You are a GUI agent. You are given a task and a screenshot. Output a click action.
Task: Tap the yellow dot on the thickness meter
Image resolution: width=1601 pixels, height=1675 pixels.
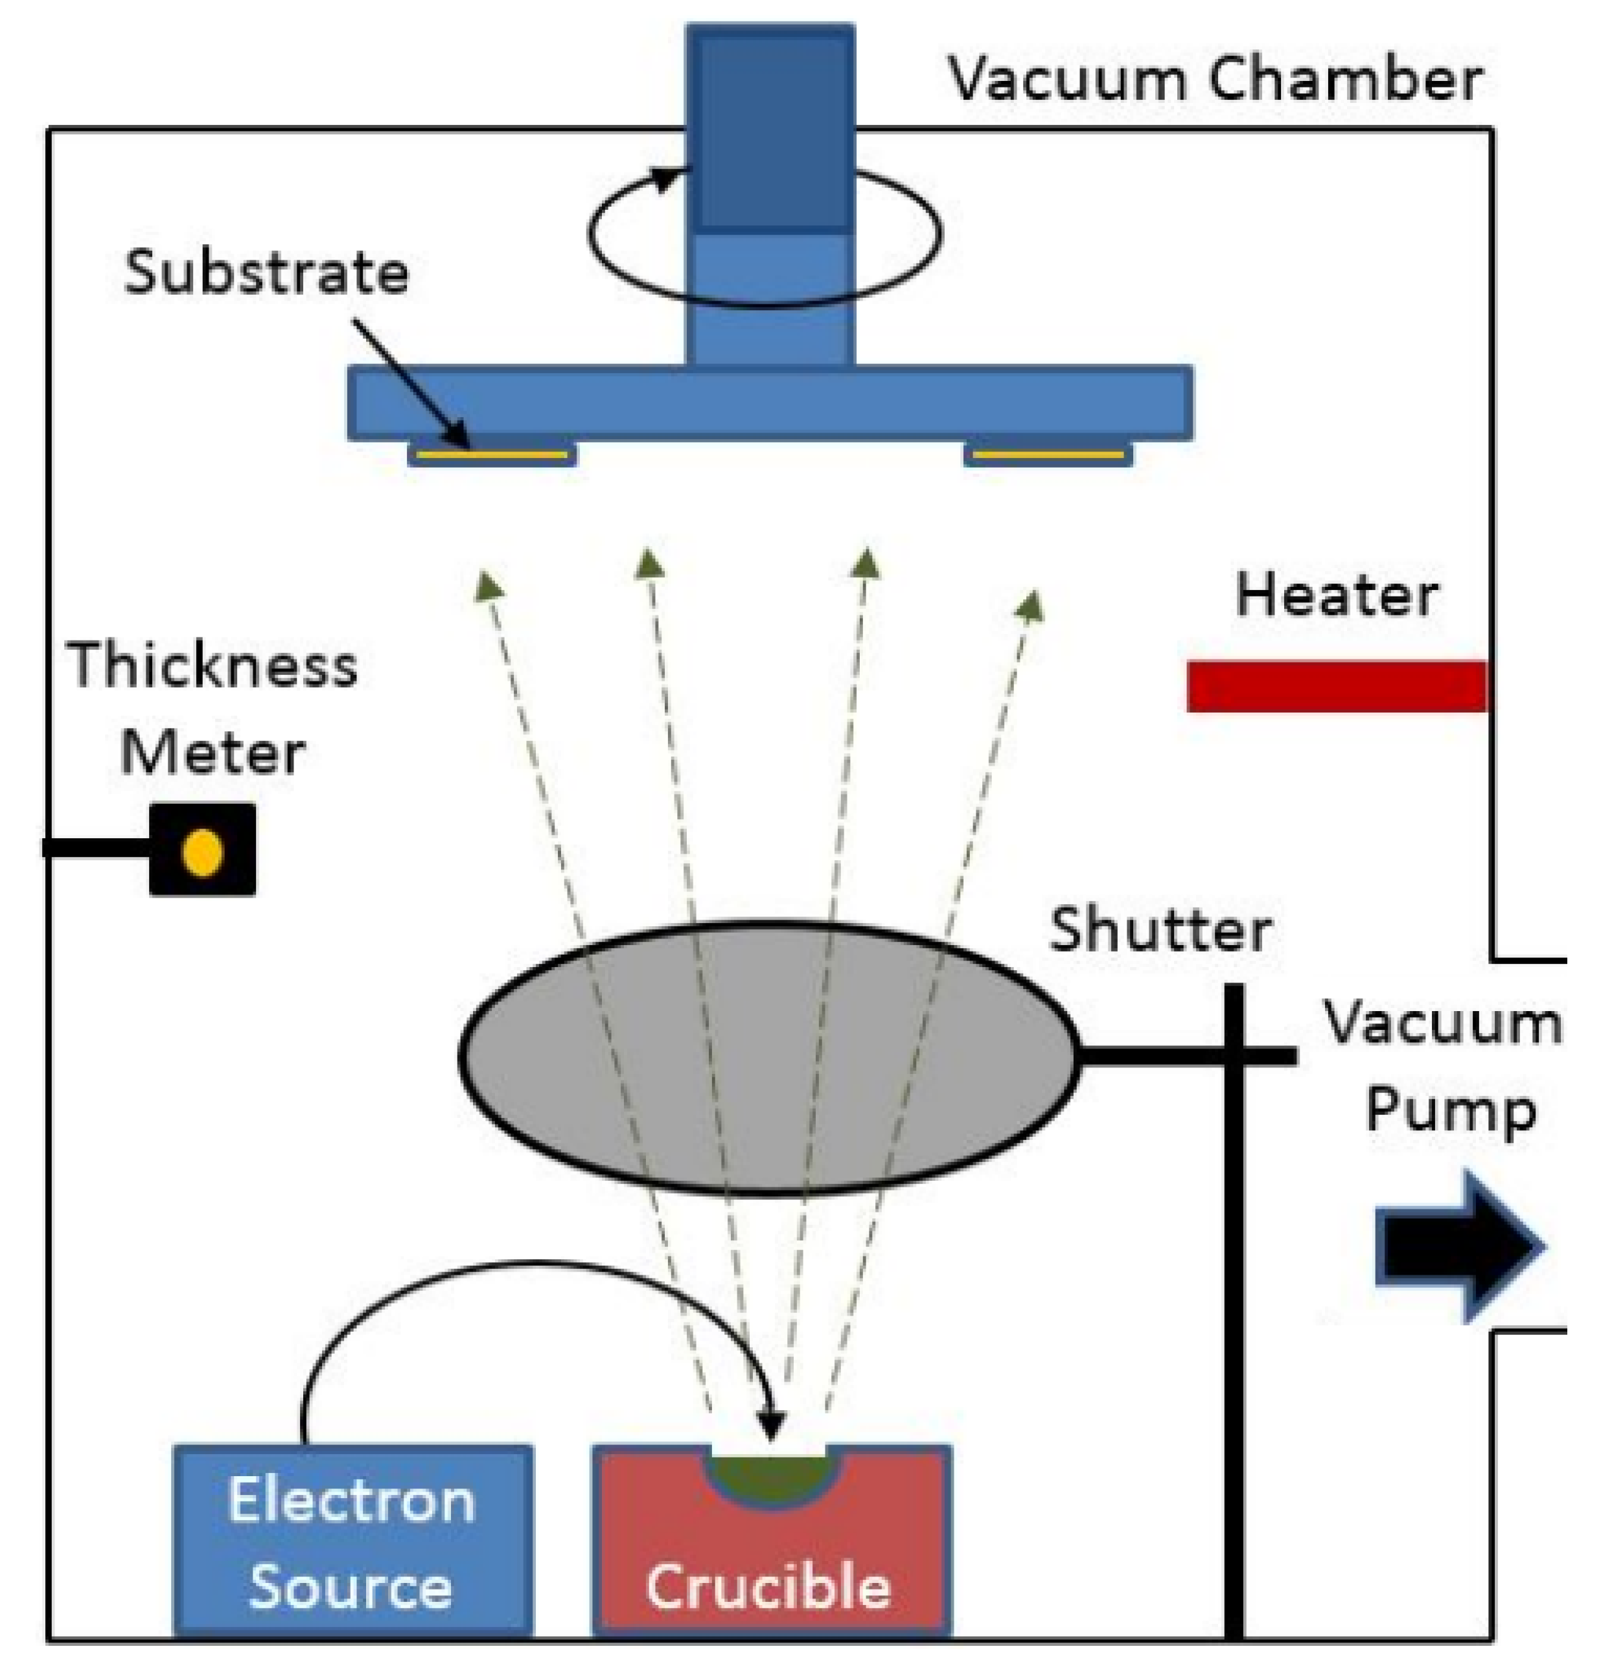tap(203, 852)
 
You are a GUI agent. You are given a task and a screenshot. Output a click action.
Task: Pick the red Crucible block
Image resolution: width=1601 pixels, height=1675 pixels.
tap(770, 1562)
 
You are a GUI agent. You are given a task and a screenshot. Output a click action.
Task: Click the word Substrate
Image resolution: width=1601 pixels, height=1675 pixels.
tap(266, 273)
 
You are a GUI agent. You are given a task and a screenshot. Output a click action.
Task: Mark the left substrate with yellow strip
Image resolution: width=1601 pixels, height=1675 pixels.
tap(492, 455)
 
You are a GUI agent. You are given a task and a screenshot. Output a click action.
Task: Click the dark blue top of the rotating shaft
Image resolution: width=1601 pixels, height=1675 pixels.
tap(770, 128)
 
